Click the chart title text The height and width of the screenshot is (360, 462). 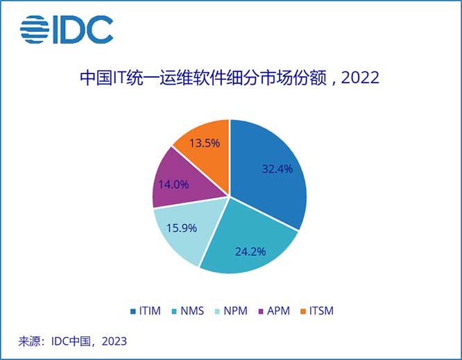230,78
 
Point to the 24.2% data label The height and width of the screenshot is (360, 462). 250,251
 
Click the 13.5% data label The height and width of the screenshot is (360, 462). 205,143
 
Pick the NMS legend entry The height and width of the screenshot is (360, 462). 191,311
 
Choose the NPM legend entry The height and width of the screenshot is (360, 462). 233,311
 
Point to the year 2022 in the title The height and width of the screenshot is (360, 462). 361,78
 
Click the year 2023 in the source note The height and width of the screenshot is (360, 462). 114,341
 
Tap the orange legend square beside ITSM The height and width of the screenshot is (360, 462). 302,311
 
